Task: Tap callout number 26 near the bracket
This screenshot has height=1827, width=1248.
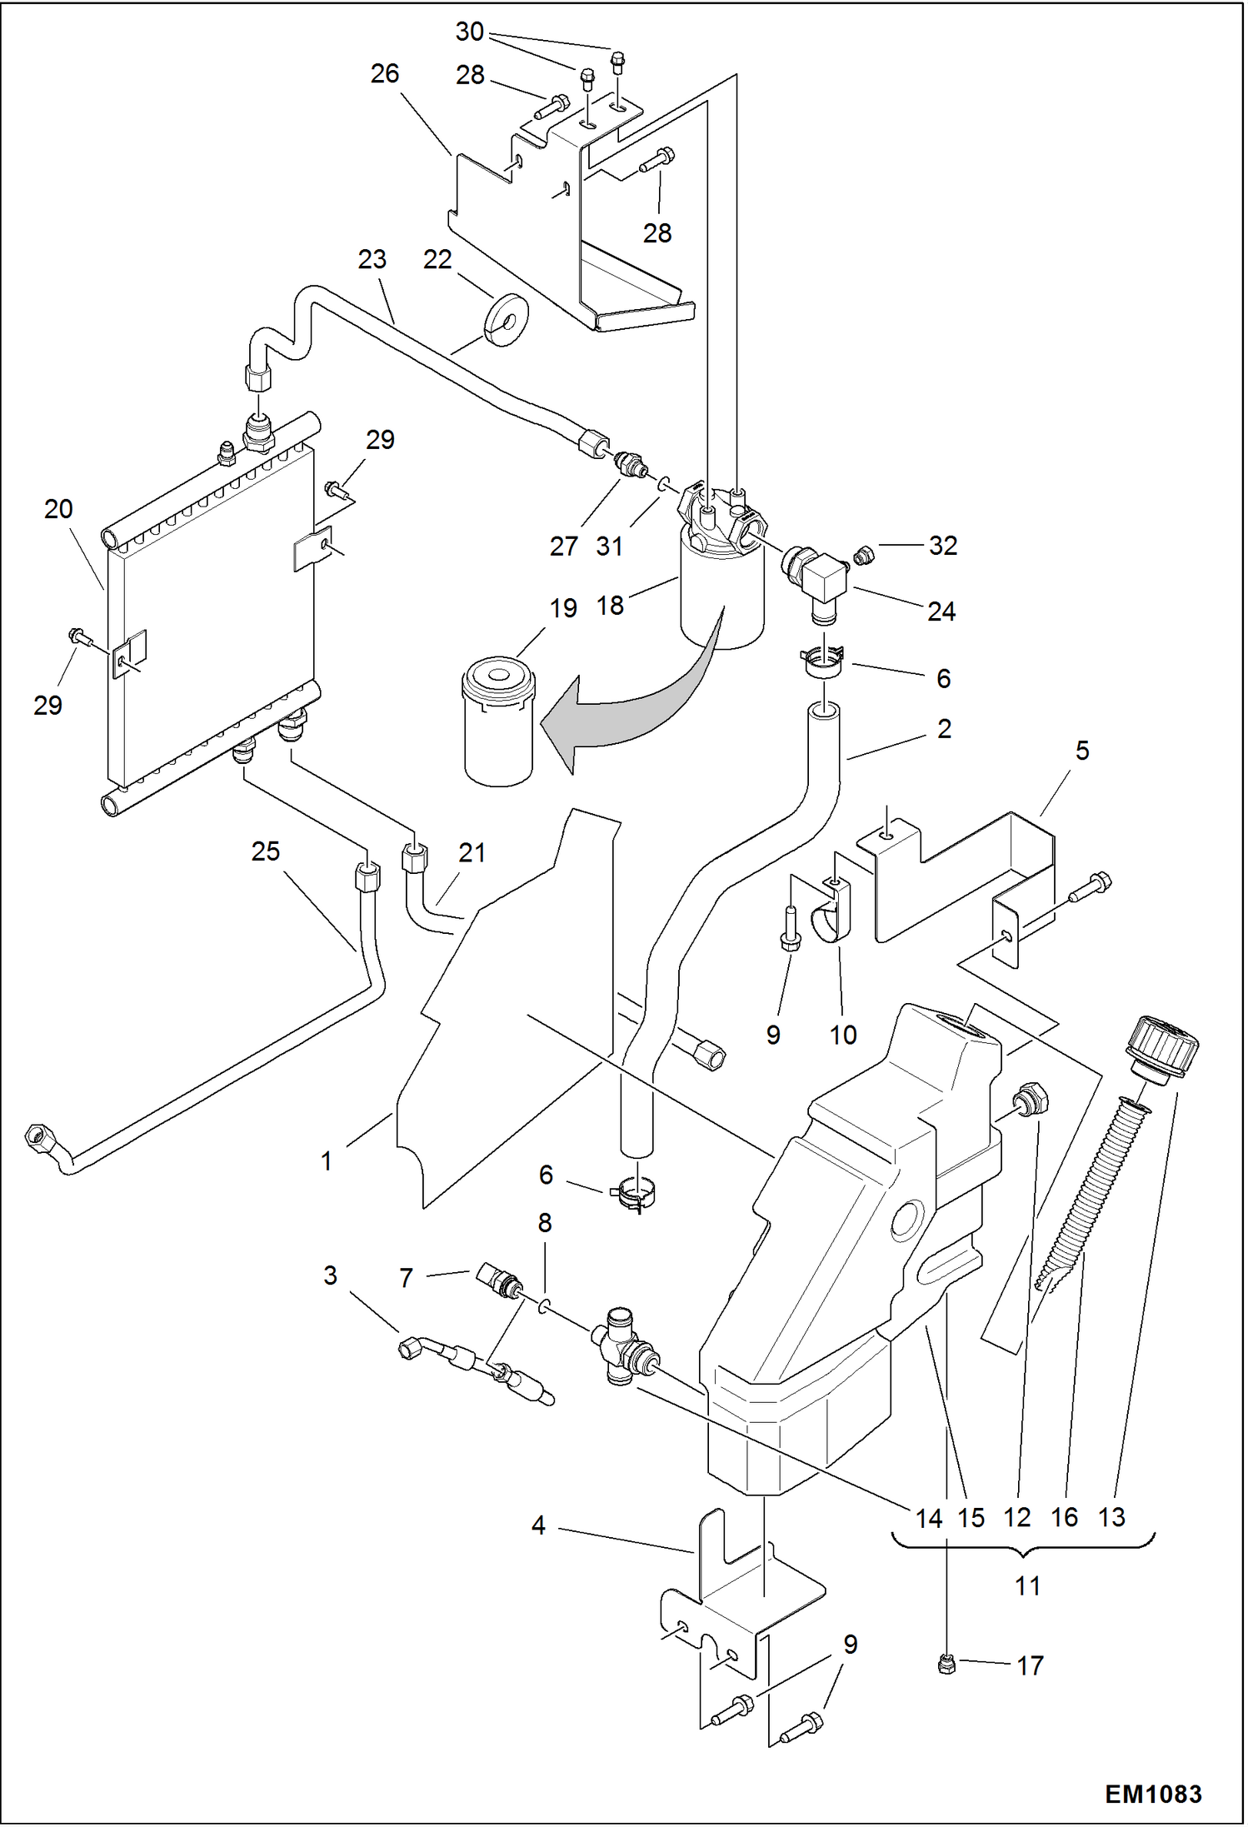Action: coord(384,73)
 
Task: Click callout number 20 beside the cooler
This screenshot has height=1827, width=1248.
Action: coord(58,509)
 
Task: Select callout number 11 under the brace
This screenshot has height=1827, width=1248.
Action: coord(1027,1585)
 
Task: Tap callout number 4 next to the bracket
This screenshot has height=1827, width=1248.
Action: coord(538,1525)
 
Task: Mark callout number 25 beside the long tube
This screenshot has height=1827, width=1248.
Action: coord(265,851)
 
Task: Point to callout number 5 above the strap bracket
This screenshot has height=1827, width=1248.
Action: coord(1081,751)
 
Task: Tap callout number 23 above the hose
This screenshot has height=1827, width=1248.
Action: coord(372,259)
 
